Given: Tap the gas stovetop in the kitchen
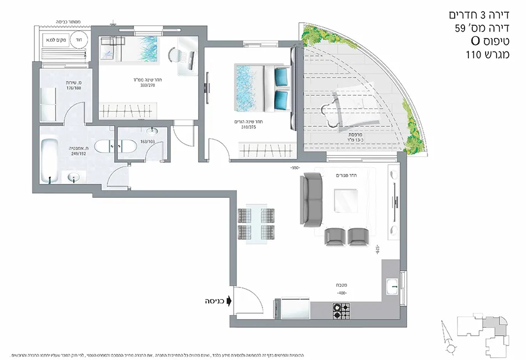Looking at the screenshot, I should pyautogui.click(x=339, y=311).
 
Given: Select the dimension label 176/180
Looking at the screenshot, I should pyautogui.click(x=74, y=88).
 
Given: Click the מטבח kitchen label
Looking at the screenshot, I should pyautogui.click(x=342, y=285).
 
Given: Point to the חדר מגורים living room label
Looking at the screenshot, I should pyautogui.click(x=347, y=175).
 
